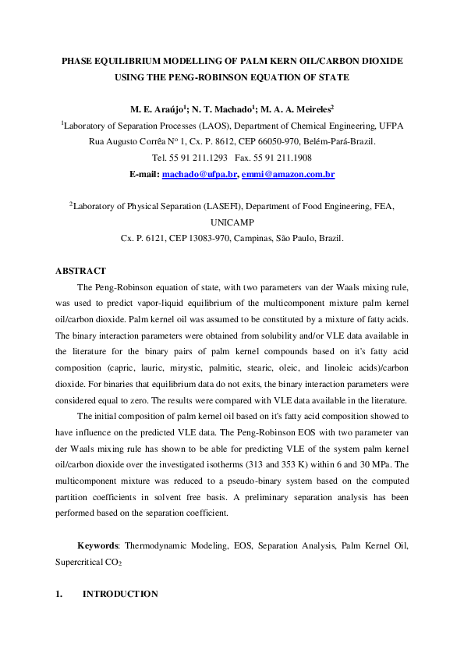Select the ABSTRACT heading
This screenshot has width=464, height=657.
click(80, 271)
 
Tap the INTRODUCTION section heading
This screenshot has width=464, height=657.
click(120, 594)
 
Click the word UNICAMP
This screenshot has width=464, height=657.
click(232, 222)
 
